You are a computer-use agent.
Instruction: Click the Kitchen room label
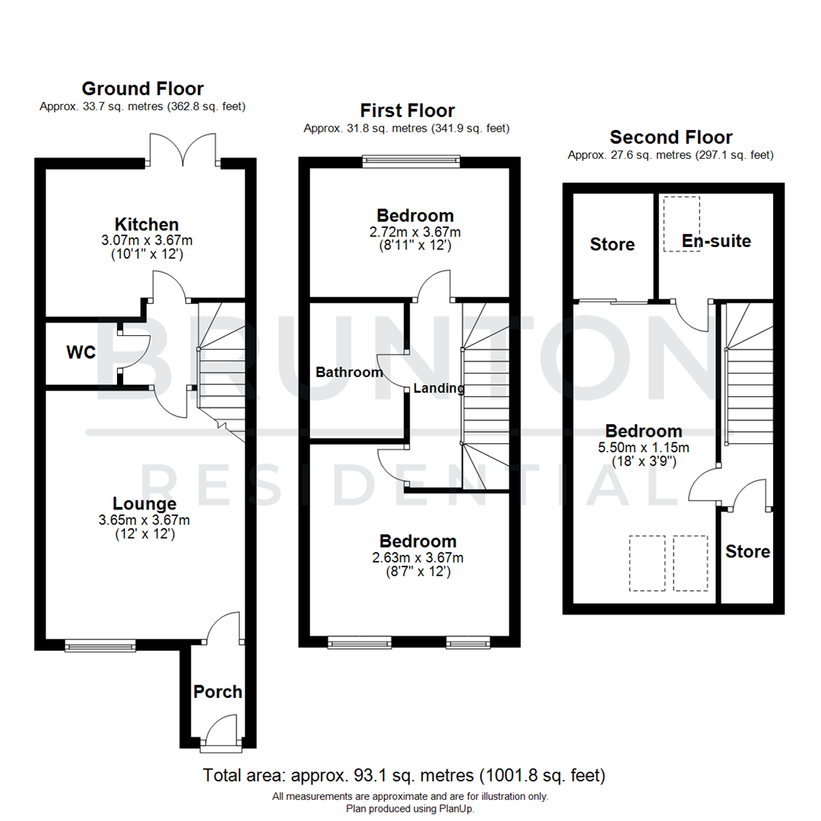[147, 224]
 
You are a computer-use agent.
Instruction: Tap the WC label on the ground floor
[81, 353]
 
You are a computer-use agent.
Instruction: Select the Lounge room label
[144, 503]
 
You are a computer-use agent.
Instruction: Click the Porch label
[217, 692]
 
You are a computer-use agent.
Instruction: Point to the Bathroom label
[349, 372]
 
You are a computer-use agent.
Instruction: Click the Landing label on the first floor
[439, 388]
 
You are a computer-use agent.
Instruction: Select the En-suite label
[716, 241]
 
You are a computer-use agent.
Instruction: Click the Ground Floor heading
[142, 89]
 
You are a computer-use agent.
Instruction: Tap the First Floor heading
[407, 111]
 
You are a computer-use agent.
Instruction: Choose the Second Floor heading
[671, 137]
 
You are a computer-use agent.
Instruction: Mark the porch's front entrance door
[220, 738]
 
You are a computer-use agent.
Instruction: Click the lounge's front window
[100, 646]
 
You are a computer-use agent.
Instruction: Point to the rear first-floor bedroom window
[410, 160]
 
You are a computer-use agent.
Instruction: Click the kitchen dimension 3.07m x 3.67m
[146, 240]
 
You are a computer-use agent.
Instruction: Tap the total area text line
[404, 776]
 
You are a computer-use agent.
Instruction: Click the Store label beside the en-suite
[612, 244]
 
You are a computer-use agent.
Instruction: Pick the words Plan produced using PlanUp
[410, 809]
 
